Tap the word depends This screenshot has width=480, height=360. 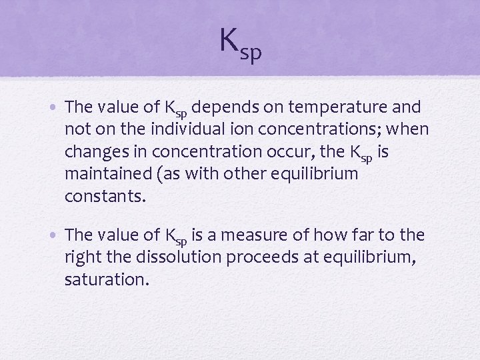(225, 107)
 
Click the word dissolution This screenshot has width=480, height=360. (175, 257)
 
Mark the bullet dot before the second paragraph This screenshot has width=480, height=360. (57, 235)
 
